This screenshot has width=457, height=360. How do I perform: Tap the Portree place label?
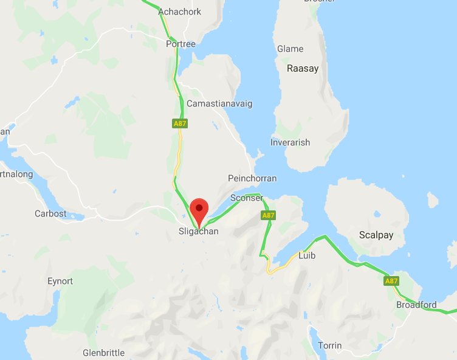point(181,44)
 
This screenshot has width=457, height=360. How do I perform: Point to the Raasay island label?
point(303,69)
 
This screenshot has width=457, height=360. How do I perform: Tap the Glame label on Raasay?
point(290,49)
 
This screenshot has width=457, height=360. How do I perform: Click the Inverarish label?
point(290,142)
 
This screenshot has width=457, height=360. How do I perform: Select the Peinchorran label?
point(252,178)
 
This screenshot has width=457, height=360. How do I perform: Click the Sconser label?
point(247,198)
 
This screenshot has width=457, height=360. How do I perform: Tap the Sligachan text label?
point(199,231)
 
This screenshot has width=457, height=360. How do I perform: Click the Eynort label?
point(60,281)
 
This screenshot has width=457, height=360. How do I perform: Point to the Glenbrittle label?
point(103,353)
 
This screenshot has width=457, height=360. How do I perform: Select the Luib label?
point(307,256)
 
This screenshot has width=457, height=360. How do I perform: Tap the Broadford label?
point(416,305)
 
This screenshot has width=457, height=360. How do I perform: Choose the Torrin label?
point(330,345)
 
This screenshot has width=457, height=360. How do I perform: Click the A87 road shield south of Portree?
point(180,123)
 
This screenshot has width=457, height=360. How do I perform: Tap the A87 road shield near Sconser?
point(269,215)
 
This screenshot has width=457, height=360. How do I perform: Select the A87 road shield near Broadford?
point(391,281)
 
